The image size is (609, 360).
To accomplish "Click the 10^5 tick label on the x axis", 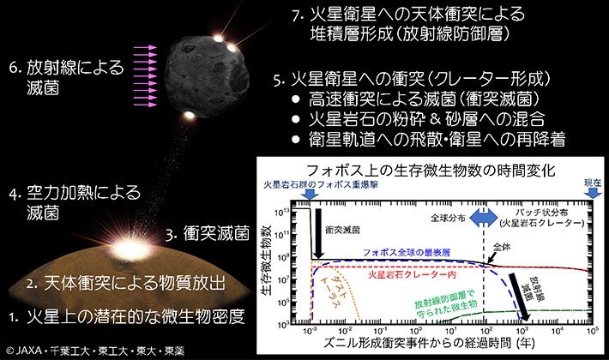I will point(591,330).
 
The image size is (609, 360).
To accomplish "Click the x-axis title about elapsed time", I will point(441,345).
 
